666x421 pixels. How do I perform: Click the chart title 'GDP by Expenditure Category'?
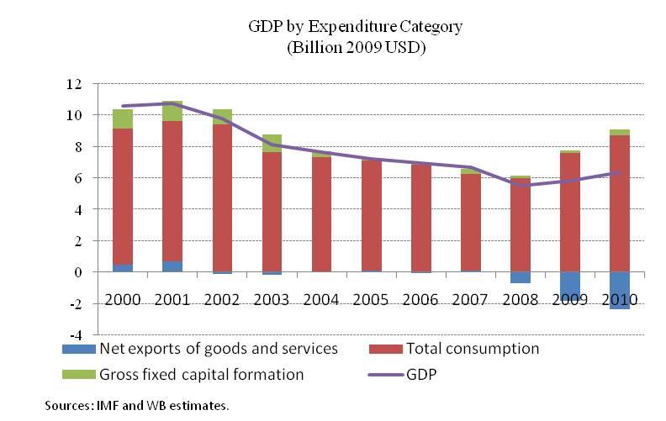[356, 26]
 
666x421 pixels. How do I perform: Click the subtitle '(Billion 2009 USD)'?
[356, 47]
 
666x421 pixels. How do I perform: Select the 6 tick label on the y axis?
[77, 178]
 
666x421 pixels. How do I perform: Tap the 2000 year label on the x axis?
[122, 299]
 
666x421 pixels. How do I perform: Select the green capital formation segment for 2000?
[122, 118]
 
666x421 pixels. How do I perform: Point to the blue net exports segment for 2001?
[172, 266]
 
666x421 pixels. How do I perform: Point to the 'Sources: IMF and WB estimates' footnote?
[136, 406]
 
